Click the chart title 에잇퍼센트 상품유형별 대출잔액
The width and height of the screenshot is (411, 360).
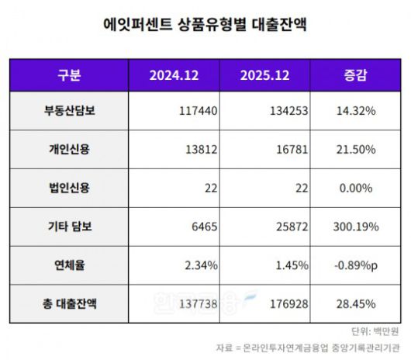pos(205,24)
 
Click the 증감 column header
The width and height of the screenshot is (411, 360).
pos(356,75)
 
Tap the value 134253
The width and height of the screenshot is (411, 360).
pos(289,111)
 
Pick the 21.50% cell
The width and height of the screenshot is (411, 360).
pos(356,149)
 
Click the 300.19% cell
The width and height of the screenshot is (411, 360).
pos(354,227)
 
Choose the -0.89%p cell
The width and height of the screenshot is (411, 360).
pos(354,265)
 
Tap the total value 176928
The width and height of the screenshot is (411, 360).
pos(289,303)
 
